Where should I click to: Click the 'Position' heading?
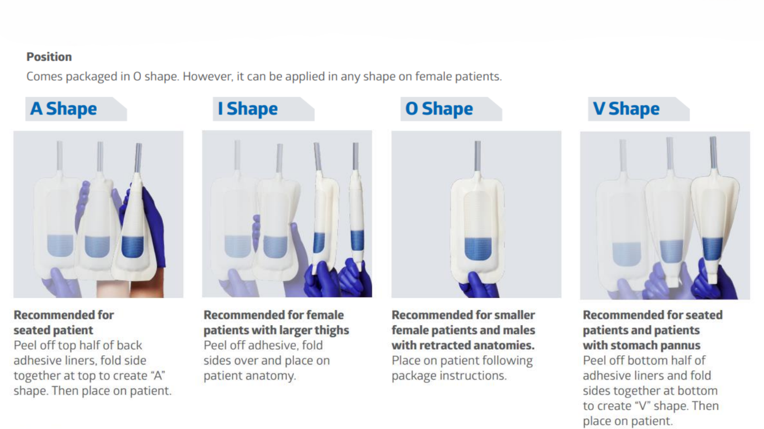tap(49, 57)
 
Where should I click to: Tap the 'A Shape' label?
tap(64, 109)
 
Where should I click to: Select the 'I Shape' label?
tap(248, 109)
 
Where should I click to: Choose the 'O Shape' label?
tap(439, 109)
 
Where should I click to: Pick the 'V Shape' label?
tap(626, 109)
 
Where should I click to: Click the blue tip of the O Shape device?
tap(477, 248)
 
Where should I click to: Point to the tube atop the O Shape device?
tap(478, 155)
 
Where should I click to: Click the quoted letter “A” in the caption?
tap(158, 376)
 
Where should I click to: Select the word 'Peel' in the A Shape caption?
tap(26, 346)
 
